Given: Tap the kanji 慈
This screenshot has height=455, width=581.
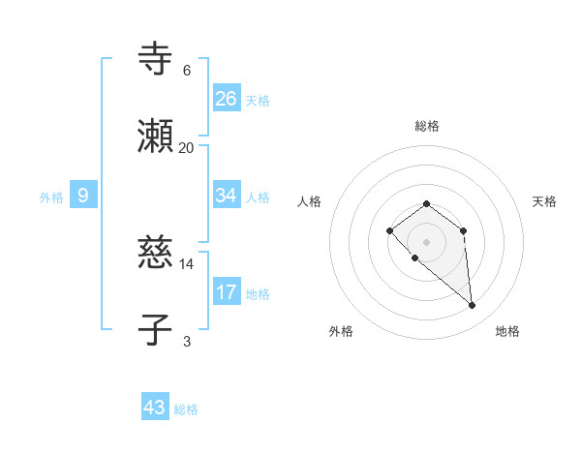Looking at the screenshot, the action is coord(155,253).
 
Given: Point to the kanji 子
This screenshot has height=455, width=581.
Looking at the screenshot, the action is coord(155,329).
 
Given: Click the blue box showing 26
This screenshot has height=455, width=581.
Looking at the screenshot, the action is coord(227,98).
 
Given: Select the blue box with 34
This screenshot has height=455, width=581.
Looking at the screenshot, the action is coord(227,196).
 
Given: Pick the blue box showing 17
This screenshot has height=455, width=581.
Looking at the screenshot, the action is coord(227,291).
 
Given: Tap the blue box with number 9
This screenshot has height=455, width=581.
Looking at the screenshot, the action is coord(83,196).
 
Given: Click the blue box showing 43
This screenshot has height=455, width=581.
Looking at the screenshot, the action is coord(155,408).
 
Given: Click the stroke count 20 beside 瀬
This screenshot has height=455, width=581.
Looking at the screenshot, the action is coord(186,148).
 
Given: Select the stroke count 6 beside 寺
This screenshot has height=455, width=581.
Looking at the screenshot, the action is coord(186,71).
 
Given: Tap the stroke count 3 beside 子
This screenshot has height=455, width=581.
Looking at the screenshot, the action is coord(186,341).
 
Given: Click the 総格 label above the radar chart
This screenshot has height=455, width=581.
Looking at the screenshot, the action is coord(427,126).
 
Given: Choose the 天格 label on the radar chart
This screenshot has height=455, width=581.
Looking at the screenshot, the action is coord(544,201).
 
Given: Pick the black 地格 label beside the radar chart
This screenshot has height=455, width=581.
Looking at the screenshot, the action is coord(507,332).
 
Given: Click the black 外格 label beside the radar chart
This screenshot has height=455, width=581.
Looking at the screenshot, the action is coord(341,332).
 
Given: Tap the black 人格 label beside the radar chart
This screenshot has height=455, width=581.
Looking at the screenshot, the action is coord(310,201).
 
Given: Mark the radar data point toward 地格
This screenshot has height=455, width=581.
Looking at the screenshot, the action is coord(473,306).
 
